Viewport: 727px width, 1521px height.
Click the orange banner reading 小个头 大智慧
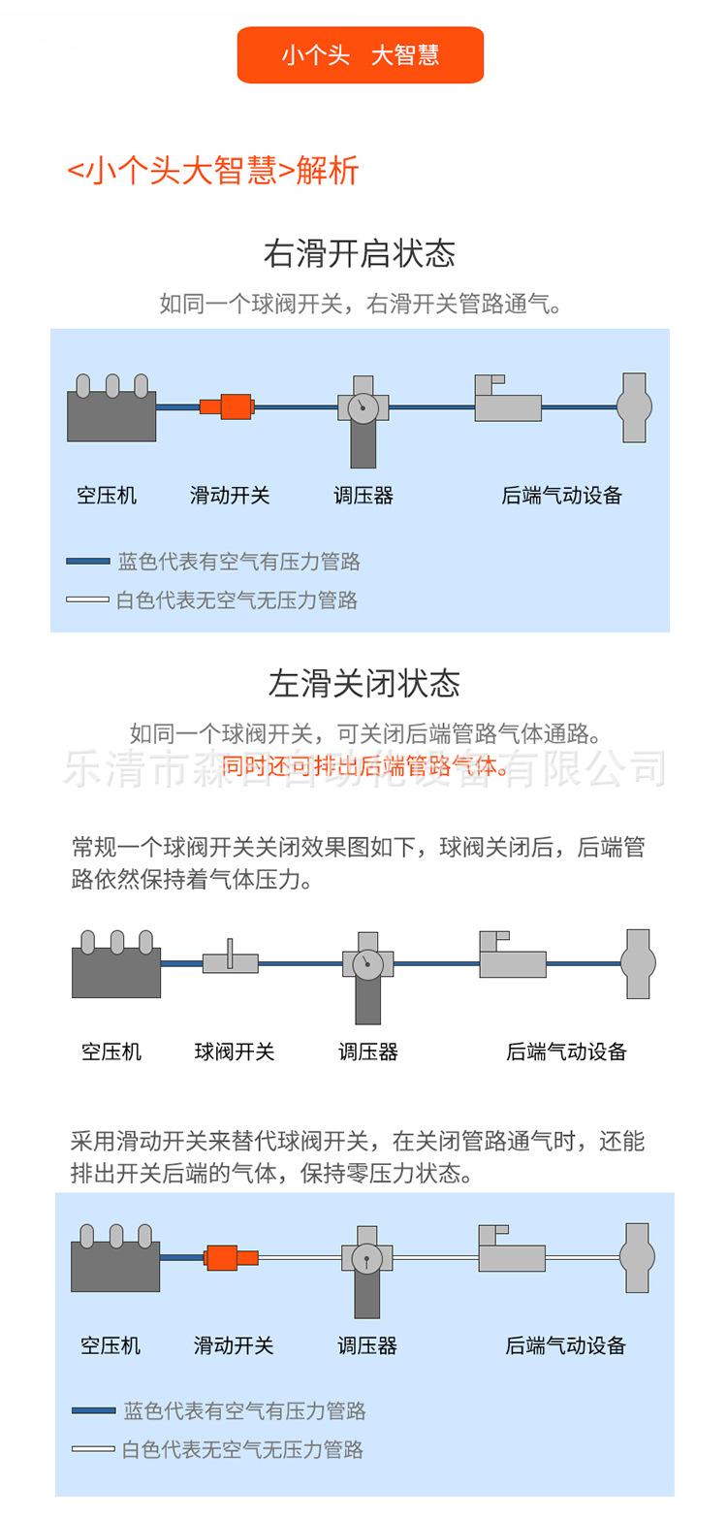point(360,55)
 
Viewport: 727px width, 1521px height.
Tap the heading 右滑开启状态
point(360,254)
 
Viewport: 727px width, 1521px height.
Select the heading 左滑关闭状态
point(363,684)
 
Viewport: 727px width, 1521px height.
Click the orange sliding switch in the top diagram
point(228,406)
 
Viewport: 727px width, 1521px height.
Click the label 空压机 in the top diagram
point(107,496)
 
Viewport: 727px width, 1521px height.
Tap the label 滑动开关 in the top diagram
point(230,496)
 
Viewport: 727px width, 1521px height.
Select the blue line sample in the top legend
point(87,562)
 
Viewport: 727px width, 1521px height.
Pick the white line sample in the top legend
point(87,600)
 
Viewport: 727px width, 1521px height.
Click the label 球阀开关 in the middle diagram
point(235,1052)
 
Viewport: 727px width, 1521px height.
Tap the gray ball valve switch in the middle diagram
point(231,961)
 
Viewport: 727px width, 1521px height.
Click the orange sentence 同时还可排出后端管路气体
point(365,767)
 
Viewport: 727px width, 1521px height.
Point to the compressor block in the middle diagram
point(116,969)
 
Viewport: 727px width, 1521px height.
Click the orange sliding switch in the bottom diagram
point(231,1258)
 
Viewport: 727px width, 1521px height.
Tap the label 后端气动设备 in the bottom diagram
point(566,1346)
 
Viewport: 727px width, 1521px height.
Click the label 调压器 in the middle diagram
point(368,1052)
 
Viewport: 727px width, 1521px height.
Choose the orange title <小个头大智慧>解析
point(213,171)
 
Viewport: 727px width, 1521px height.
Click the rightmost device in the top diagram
point(634,407)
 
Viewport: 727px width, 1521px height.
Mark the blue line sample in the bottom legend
point(93,1411)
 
